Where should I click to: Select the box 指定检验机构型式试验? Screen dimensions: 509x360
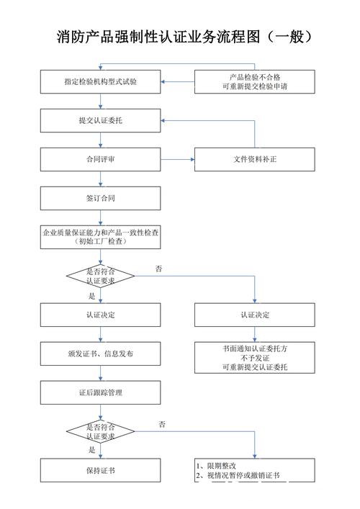tap(100, 82)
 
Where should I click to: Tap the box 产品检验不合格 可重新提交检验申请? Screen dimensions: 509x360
tap(254, 81)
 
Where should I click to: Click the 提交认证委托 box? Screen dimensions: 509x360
tap(100, 120)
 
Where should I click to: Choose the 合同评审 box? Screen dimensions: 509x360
tap(100, 159)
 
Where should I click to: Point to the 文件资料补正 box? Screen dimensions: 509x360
tap(254, 159)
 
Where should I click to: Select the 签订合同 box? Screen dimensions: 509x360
tap(100, 198)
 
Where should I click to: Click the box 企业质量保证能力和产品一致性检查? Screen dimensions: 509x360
tap(100, 237)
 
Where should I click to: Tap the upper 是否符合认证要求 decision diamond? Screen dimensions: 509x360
tap(100, 276)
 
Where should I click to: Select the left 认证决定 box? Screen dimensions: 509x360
tap(100, 315)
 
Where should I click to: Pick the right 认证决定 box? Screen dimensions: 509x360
tap(254, 315)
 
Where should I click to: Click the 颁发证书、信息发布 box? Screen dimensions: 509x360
tap(100, 353)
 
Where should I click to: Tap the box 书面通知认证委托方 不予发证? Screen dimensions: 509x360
tap(254, 357)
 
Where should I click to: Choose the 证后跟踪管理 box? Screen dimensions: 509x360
tap(100, 392)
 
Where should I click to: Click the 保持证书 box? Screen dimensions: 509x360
tap(100, 470)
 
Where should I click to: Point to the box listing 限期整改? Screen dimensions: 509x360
tap(254, 470)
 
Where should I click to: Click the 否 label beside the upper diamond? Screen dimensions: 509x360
tap(158, 269)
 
